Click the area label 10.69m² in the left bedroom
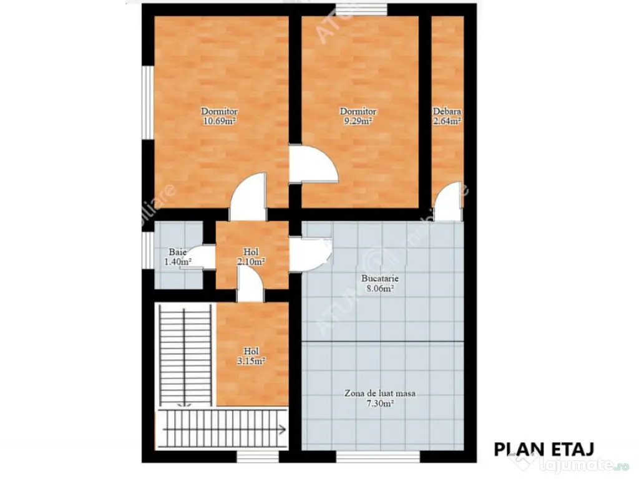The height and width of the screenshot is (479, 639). click(x=218, y=122)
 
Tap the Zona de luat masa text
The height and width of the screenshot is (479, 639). click(x=380, y=394)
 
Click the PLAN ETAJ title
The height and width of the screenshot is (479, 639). click(x=543, y=448)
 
